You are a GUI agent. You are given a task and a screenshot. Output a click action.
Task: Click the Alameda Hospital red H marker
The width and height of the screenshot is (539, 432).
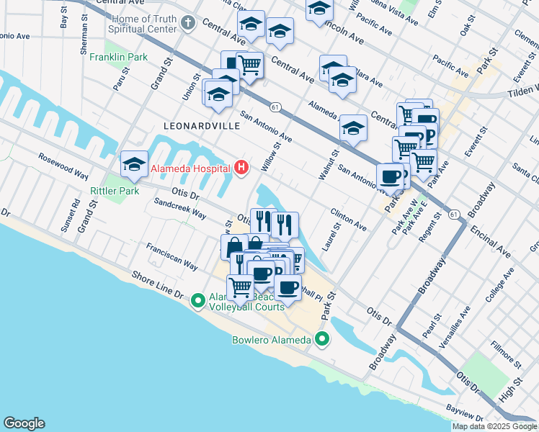tap(242, 168)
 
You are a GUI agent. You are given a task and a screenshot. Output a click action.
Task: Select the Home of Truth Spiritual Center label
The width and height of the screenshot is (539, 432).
tap(142, 24)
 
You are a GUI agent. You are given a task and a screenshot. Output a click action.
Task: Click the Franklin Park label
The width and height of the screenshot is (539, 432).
tap(119, 56)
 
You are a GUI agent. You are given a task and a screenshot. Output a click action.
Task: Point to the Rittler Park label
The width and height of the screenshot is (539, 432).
tap(114, 191)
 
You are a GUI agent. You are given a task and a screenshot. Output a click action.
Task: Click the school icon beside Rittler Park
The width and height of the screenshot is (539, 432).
tap(134, 165)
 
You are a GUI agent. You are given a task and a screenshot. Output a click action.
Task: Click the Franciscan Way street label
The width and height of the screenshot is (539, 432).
tap(172, 256)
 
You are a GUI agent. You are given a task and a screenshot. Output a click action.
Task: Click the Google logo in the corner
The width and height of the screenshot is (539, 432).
tap(24, 423)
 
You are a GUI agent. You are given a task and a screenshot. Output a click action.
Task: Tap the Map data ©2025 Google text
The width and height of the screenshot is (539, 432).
tap(494, 426)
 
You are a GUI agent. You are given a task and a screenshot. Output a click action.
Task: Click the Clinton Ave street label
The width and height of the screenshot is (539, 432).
tap(349, 220)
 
